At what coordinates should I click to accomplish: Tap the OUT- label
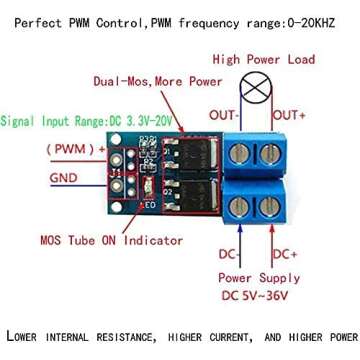(221, 115)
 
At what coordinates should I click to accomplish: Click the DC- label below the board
(227, 257)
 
